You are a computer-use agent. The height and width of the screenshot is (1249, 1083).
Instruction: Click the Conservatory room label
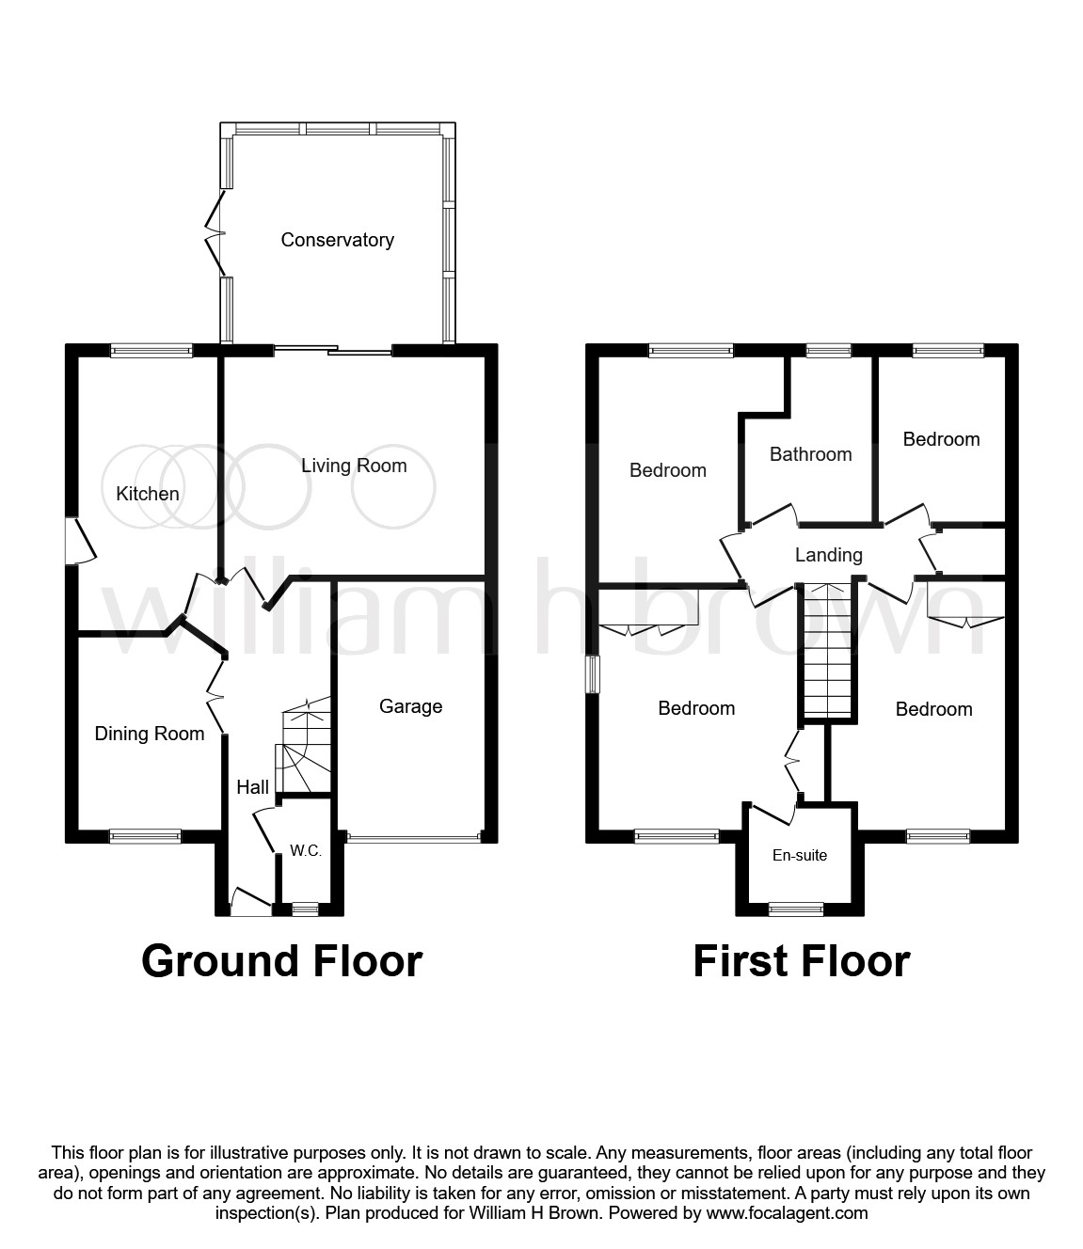tap(338, 240)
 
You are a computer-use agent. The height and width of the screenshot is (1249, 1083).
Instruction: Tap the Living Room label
tap(354, 466)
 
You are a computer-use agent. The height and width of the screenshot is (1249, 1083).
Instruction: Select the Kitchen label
tap(148, 494)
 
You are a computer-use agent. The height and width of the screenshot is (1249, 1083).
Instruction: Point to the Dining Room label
tap(150, 734)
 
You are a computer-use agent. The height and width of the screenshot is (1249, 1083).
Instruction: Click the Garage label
tap(410, 706)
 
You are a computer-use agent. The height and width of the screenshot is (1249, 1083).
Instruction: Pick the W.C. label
tap(306, 851)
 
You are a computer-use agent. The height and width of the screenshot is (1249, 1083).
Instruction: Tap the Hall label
tap(253, 787)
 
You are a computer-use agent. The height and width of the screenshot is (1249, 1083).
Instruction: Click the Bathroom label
tap(810, 454)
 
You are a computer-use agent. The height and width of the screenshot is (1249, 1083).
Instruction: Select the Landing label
tap(828, 555)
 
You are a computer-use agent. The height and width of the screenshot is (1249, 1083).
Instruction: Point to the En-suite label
tap(800, 855)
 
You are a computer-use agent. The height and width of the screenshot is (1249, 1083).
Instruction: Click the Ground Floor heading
tap(281, 961)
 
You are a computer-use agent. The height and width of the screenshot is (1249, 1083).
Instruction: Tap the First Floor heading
tap(802, 961)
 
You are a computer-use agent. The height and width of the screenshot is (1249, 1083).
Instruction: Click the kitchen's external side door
tap(80, 540)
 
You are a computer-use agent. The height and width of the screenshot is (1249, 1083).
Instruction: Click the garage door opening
tap(414, 838)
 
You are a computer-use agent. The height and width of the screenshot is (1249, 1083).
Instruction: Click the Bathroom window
tap(828, 350)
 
